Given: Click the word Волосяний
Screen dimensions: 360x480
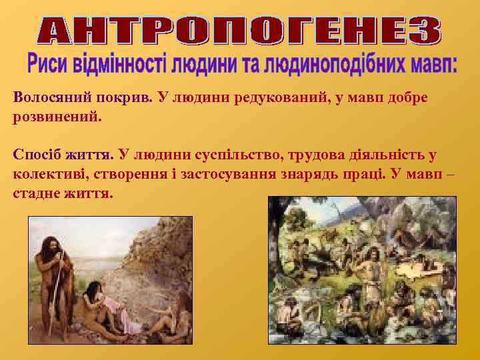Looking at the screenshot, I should pyautogui.click(x=50, y=98).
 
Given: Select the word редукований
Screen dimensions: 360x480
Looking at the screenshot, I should pyautogui.click(x=254, y=98).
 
